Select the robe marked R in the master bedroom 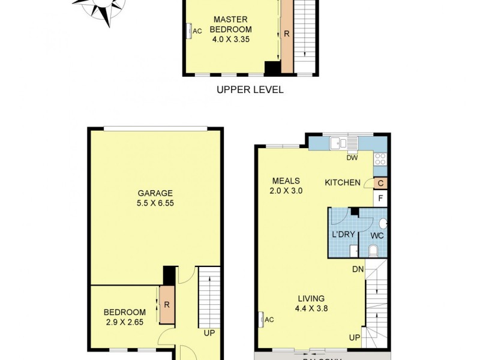point(287,34)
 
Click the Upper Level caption point(249,90)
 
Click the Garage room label point(155,193)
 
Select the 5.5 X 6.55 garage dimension point(155,203)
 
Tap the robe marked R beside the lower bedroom point(167,305)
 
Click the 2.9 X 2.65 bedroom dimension point(125,322)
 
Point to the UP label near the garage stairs point(209,332)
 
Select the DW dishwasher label point(352,158)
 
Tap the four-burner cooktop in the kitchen point(380,158)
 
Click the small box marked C point(380,183)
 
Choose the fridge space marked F point(380,198)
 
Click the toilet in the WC point(373,250)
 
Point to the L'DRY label point(343,234)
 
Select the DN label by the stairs point(358,269)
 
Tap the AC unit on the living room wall point(262,320)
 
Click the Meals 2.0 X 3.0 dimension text point(286,191)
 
